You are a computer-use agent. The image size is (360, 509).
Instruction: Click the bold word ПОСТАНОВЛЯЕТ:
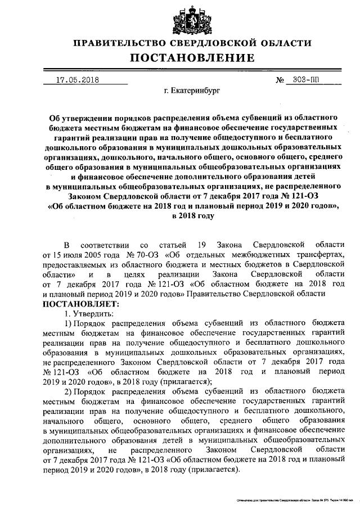pos(77,303)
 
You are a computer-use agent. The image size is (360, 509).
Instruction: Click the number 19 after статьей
pos(201,245)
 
